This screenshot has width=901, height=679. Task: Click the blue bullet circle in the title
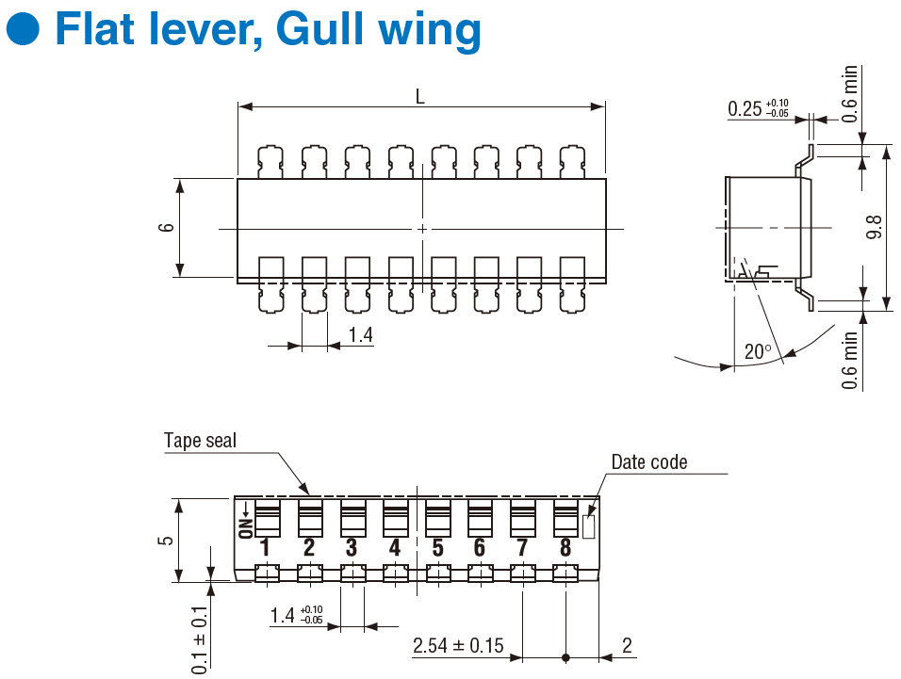[23, 30]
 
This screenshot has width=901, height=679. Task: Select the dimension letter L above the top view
[419, 95]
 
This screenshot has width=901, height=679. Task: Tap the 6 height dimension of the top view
[167, 228]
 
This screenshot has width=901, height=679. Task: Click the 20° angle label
[757, 352]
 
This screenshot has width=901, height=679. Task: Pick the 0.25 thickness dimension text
[745, 109]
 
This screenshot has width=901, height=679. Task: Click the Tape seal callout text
[200, 441]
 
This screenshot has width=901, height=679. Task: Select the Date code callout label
[649, 461]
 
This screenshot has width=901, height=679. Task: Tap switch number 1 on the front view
[266, 547]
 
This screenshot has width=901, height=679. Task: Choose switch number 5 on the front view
[437, 547]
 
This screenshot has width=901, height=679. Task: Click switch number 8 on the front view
[565, 547]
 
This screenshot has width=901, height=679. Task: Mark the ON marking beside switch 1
[244, 521]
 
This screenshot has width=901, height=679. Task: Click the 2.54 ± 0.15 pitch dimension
[458, 647]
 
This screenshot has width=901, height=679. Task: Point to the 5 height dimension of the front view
[167, 541]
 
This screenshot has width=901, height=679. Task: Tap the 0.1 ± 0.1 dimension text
[200, 638]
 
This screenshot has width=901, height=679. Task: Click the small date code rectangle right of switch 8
[589, 526]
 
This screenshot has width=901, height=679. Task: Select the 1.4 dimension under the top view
[360, 335]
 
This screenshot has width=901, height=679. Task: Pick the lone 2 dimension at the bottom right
[628, 646]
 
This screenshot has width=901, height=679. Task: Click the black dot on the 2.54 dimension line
[565, 657]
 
